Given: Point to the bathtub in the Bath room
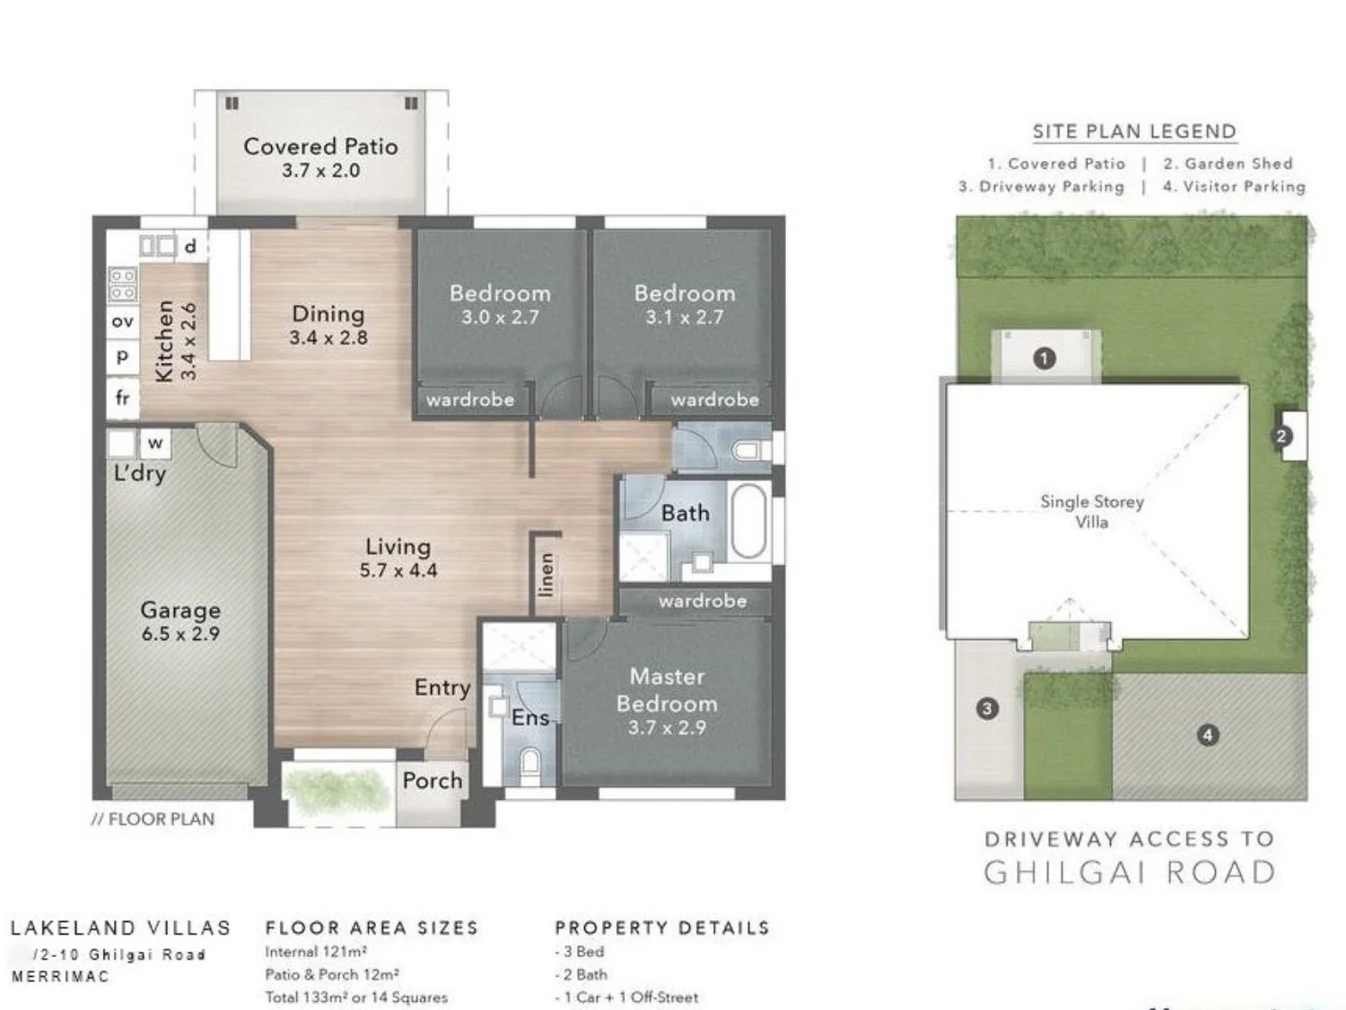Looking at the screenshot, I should (x=748, y=521).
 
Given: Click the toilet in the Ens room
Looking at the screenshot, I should (x=530, y=763).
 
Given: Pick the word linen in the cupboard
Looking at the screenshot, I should (x=546, y=575).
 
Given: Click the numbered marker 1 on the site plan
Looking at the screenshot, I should (x=1044, y=358).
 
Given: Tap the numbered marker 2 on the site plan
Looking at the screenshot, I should (x=1281, y=436).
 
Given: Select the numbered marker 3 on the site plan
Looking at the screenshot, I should (x=987, y=708).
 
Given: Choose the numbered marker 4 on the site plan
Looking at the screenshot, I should (x=1208, y=735).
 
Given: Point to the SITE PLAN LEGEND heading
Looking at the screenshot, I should (x=1134, y=131).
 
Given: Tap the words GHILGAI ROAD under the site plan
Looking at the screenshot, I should (x=1130, y=873).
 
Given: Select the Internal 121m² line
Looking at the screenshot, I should (x=316, y=952).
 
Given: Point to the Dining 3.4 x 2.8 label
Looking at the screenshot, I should (x=328, y=324).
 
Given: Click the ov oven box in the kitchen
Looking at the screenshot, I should (x=123, y=321).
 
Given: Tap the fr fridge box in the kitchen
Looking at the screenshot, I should (x=123, y=397).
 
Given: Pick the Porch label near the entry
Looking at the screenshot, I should (x=432, y=780).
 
